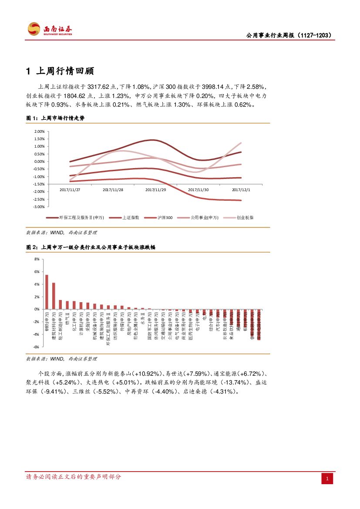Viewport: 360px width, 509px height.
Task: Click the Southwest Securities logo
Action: point(50,30)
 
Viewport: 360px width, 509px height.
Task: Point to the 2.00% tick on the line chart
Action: point(39,131)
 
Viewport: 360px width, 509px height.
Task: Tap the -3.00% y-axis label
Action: point(39,206)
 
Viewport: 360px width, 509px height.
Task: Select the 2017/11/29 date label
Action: point(156,190)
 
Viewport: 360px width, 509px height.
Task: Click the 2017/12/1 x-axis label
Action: point(241,190)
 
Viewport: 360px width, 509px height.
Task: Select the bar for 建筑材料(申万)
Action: point(54,296)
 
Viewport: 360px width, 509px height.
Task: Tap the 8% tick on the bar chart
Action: point(37,259)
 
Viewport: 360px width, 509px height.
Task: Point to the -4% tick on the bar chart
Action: point(36,334)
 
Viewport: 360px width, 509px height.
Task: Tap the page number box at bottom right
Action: point(327,479)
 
